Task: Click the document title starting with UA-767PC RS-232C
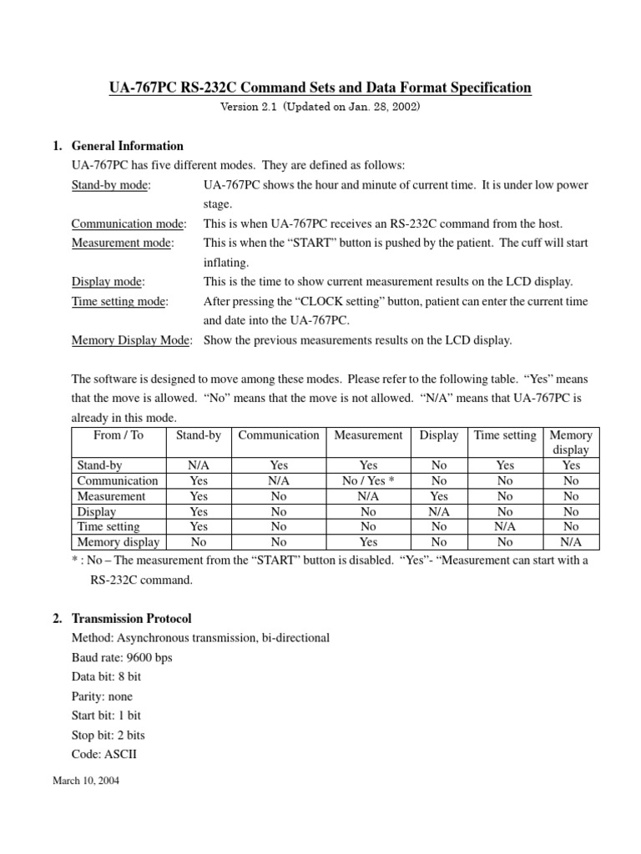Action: pyautogui.click(x=320, y=88)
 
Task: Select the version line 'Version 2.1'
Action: pyautogui.click(x=320, y=107)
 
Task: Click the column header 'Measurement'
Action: pyautogui.click(x=368, y=435)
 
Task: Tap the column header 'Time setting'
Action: pyautogui.click(x=504, y=435)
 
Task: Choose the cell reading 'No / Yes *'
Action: pyautogui.click(x=368, y=481)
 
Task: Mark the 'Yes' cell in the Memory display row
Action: pyautogui.click(x=368, y=542)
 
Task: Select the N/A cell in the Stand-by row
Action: pyautogui.click(x=199, y=465)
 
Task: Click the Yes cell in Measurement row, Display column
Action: pyautogui.click(x=439, y=496)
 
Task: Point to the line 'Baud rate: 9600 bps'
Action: pyautogui.click(x=122, y=657)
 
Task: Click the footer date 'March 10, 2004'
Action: pyautogui.click(x=86, y=783)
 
